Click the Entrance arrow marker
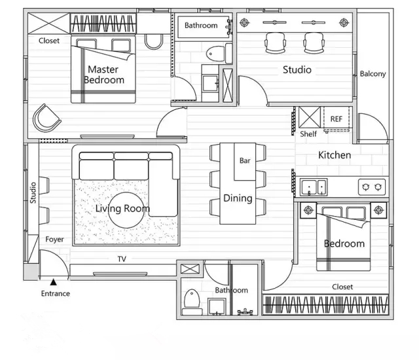click(x=54, y=282)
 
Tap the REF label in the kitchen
click(x=336, y=119)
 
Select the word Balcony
click(x=373, y=74)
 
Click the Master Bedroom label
click(x=103, y=75)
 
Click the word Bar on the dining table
click(x=245, y=160)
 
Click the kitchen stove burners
click(x=372, y=187)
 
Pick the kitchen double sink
click(x=314, y=187)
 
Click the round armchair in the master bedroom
click(x=46, y=118)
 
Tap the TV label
click(x=122, y=259)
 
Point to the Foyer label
click(x=54, y=240)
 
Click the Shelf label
click(x=308, y=134)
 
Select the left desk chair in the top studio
click(x=275, y=43)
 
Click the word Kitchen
click(x=335, y=155)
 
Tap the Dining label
click(x=238, y=198)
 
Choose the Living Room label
click(x=122, y=209)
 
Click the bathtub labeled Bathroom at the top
click(x=204, y=27)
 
